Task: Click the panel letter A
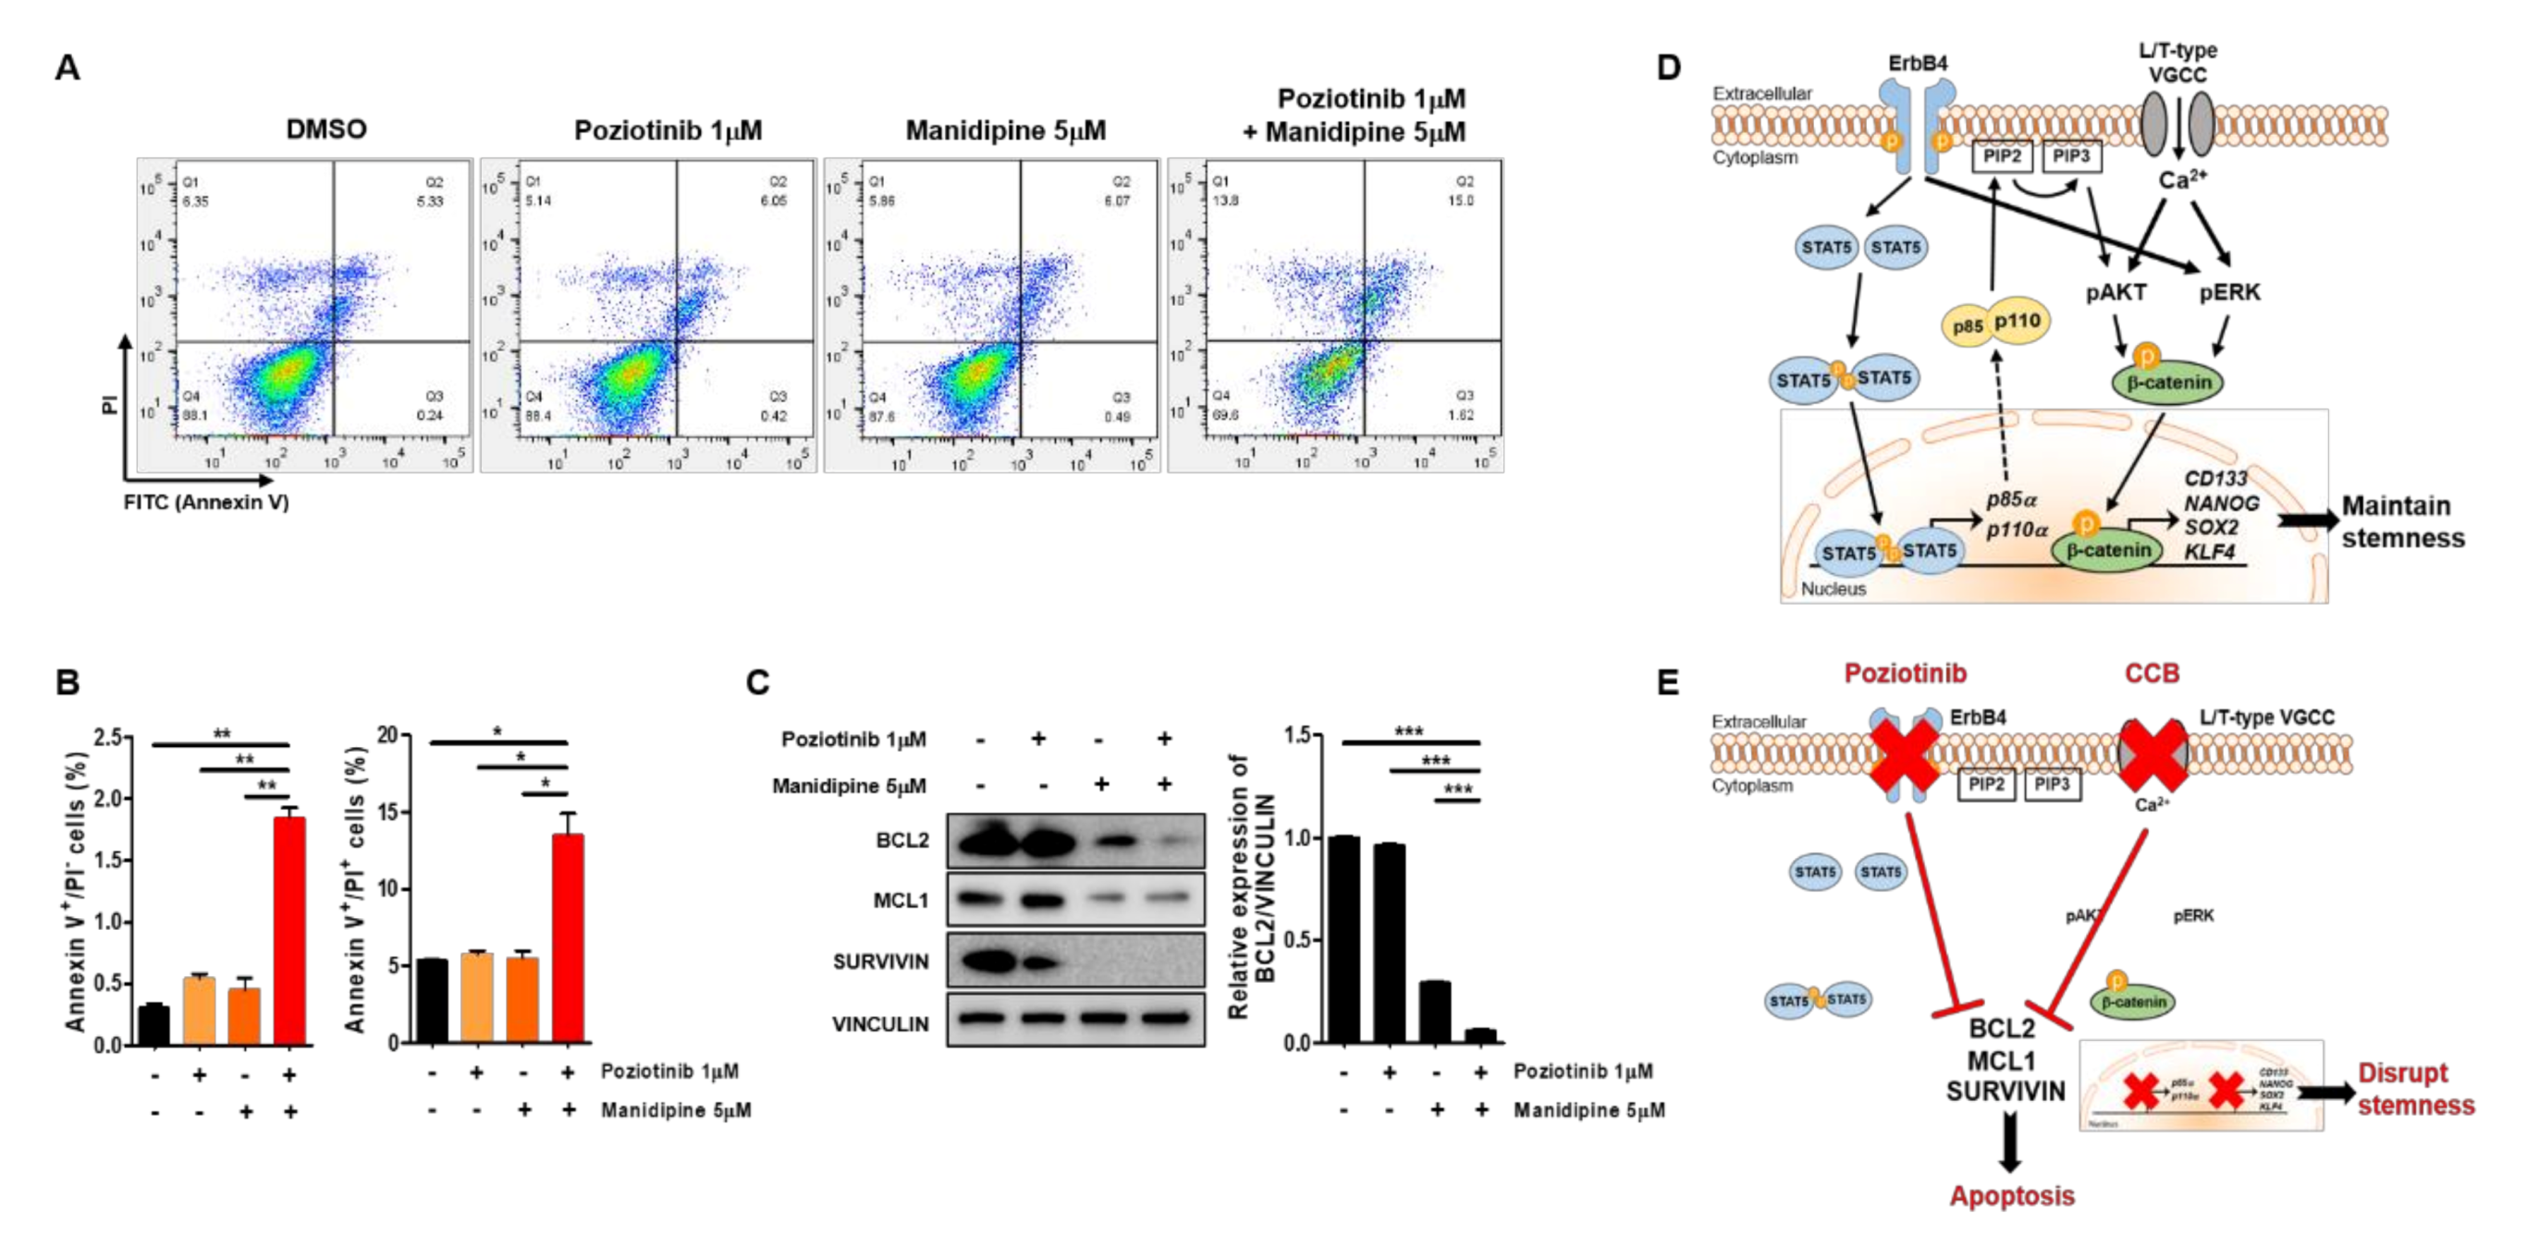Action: pyautogui.click(x=67, y=68)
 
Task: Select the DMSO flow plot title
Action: pyautogui.click(x=326, y=130)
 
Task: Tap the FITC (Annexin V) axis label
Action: pyautogui.click(x=206, y=503)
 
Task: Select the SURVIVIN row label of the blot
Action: pyautogui.click(x=880, y=962)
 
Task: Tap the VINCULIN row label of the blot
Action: pyautogui.click(x=880, y=1024)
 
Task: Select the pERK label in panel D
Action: pyautogui.click(x=2229, y=293)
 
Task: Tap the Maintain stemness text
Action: pyautogui.click(x=2402, y=521)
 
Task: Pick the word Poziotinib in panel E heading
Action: pyautogui.click(x=1905, y=673)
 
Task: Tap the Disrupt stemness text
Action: pyautogui.click(x=2415, y=1089)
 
